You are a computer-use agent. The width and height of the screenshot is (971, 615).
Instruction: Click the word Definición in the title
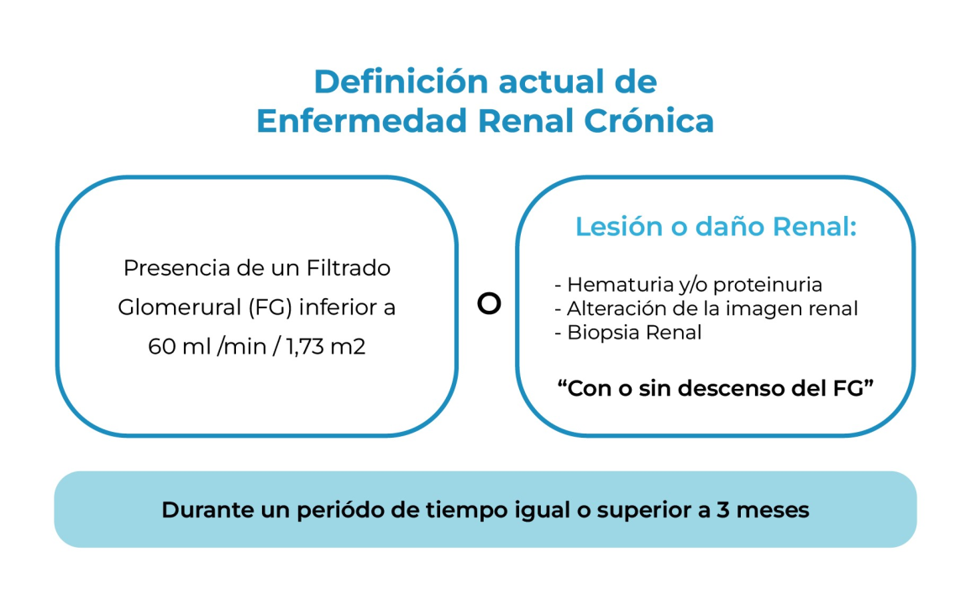click(x=402, y=81)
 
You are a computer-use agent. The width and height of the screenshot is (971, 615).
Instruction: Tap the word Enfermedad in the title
click(x=362, y=121)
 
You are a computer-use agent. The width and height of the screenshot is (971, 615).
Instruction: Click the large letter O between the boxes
click(x=489, y=303)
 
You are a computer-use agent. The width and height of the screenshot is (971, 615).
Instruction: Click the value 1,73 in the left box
click(x=305, y=347)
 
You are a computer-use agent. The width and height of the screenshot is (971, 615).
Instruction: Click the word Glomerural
click(x=180, y=307)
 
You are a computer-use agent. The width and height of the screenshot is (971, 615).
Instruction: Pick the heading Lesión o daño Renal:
click(x=716, y=227)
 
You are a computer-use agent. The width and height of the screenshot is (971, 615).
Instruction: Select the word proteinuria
click(x=768, y=285)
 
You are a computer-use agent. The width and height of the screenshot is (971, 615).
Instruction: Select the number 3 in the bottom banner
click(x=722, y=510)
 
